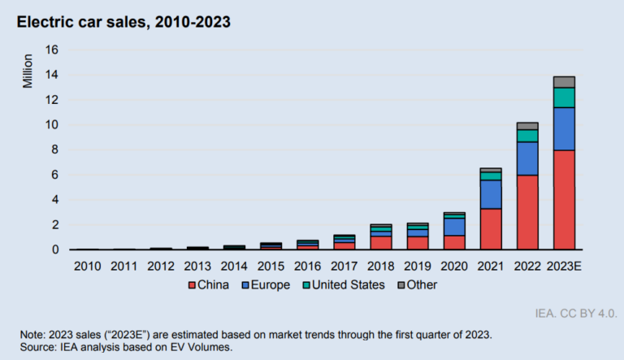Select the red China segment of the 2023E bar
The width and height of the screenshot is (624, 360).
pos(564,199)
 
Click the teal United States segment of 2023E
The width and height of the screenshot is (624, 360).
pos(564,98)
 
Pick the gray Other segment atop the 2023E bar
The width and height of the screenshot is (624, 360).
pos(564,81)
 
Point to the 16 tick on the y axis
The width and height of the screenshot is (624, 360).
pos(52,50)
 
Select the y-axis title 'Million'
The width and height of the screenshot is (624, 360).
pos(27,72)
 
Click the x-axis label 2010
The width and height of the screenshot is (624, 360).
pos(86,266)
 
